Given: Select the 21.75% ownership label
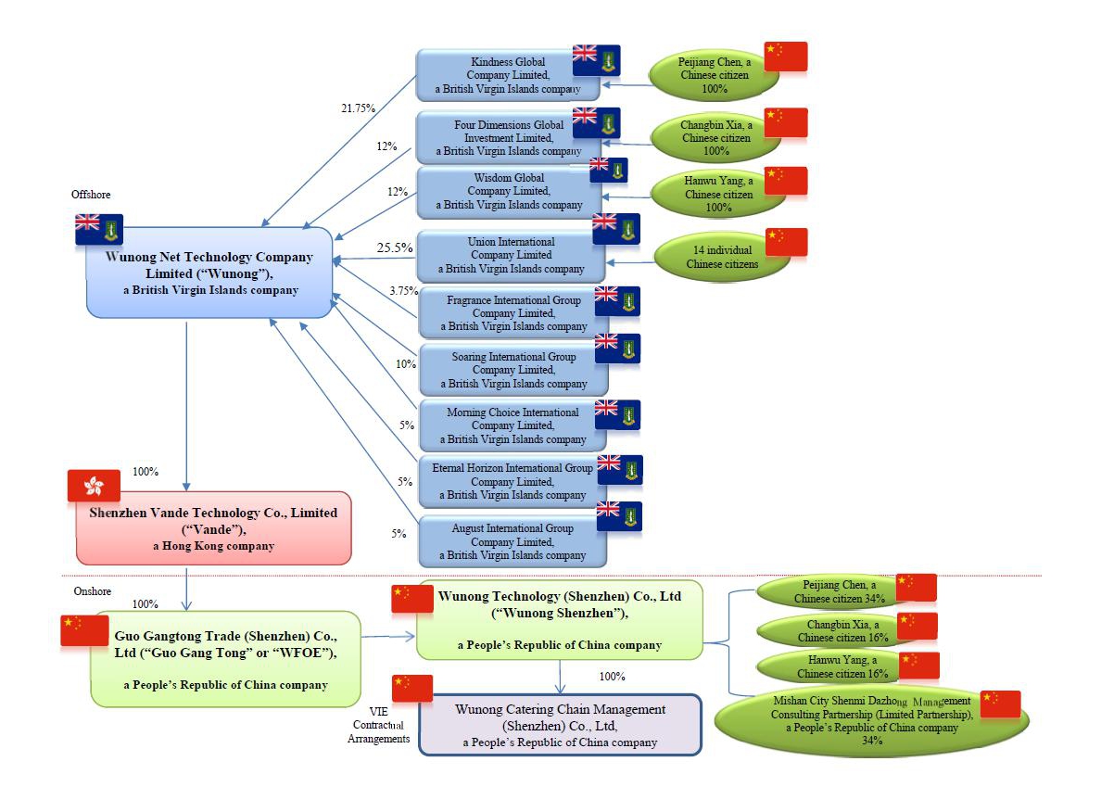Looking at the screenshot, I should pyautogui.click(x=359, y=108).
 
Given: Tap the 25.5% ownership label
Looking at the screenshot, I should pyautogui.click(x=394, y=248).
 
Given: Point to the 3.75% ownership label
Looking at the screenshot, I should pyautogui.click(x=403, y=291).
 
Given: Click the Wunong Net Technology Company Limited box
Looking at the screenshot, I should pyautogui.click(x=209, y=273).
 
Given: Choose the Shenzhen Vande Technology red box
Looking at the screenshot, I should pyautogui.click(x=213, y=528).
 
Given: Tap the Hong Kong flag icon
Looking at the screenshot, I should pyautogui.click(x=94, y=485).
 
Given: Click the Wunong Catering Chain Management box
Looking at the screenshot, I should pyautogui.click(x=560, y=725).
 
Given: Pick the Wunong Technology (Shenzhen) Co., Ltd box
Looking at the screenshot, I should pyautogui.click(x=560, y=620).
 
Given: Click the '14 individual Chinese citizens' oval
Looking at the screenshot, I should pyautogui.click(x=722, y=257).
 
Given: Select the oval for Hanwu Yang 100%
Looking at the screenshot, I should pyautogui.click(x=718, y=195).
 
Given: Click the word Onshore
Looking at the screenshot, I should pyautogui.click(x=92, y=590).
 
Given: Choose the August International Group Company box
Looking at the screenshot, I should pyautogui.click(x=513, y=541).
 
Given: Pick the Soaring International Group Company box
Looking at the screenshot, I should pyautogui.click(x=513, y=370).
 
